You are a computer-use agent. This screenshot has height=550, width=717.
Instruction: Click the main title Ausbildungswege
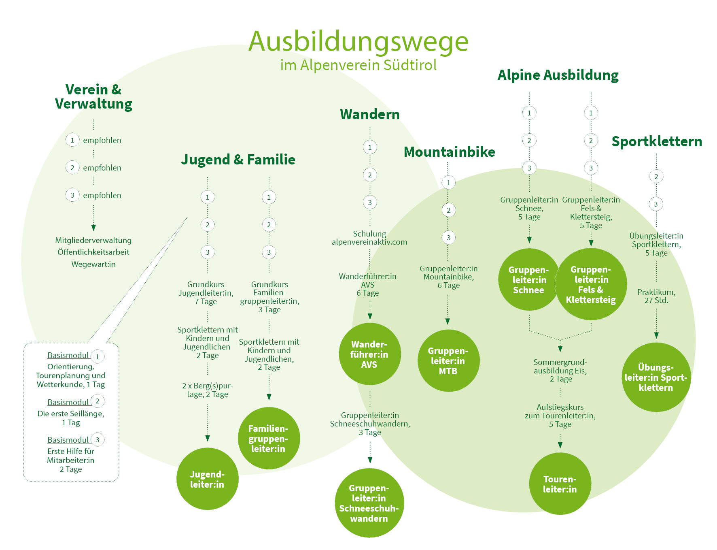pyautogui.click(x=358, y=42)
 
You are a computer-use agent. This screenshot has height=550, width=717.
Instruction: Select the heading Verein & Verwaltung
pyautogui.click(x=93, y=96)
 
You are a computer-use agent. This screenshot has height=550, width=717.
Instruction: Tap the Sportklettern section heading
pyautogui.click(x=657, y=141)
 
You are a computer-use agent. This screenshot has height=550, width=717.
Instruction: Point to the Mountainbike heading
pyautogui.click(x=449, y=152)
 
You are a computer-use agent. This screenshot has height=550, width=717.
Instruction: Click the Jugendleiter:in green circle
pyautogui.click(x=207, y=479)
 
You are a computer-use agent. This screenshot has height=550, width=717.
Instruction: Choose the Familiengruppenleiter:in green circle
pyautogui.click(x=269, y=438)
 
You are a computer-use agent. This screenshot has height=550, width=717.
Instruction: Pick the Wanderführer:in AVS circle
pyautogui.click(x=369, y=354)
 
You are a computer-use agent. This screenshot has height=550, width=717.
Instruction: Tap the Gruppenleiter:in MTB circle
pyautogui.click(x=448, y=360)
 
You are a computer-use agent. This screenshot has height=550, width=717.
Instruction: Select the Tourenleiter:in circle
pyautogui.click(x=560, y=484)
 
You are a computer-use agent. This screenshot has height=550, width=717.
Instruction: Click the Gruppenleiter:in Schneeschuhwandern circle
pyautogui.click(x=369, y=503)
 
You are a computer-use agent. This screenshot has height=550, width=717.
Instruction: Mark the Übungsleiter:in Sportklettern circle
pyautogui.click(x=655, y=377)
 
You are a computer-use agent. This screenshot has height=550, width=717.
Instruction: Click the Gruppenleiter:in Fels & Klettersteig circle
pyautogui.click(x=591, y=284)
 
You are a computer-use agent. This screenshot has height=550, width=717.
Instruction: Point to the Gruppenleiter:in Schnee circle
pyautogui.click(x=528, y=279)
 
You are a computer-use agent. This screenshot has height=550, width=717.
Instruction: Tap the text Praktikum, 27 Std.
pyautogui.click(x=656, y=296)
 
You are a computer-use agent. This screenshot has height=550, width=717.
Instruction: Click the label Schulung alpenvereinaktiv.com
pyautogui.click(x=369, y=238)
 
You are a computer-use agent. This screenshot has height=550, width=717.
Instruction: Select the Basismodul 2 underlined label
pyautogui.click(x=68, y=402)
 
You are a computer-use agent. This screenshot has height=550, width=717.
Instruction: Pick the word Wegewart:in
pyautogui.click(x=93, y=264)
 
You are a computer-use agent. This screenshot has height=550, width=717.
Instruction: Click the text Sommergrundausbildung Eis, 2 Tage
pyautogui.click(x=560, y=370)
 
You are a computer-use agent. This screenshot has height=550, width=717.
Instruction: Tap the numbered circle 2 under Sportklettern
pyautogui.click(x=656, y=177)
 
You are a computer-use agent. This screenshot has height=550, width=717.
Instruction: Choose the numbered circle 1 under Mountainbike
pyautogui.click(x=448, y=183)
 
